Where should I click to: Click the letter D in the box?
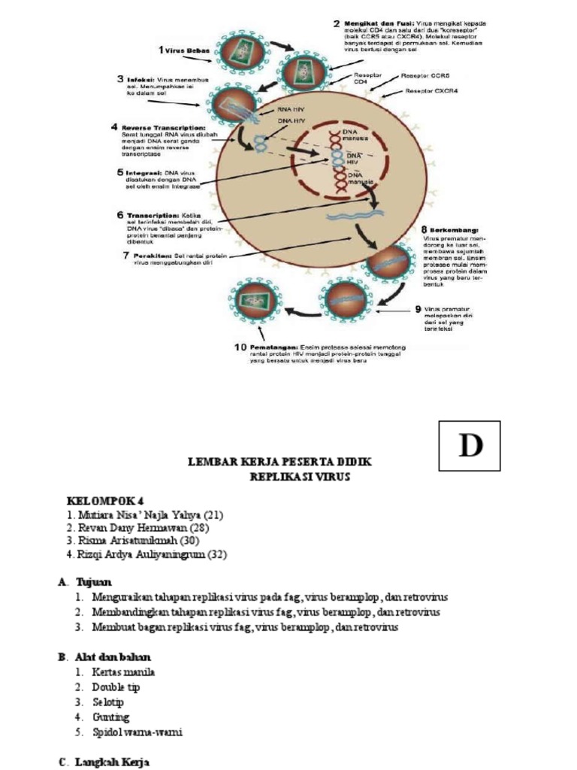[470, 446]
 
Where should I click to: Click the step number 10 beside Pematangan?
[240, 347]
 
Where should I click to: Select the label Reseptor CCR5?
[425, 76]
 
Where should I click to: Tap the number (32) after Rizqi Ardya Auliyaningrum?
[216, 555]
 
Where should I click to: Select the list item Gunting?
[110, 717]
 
